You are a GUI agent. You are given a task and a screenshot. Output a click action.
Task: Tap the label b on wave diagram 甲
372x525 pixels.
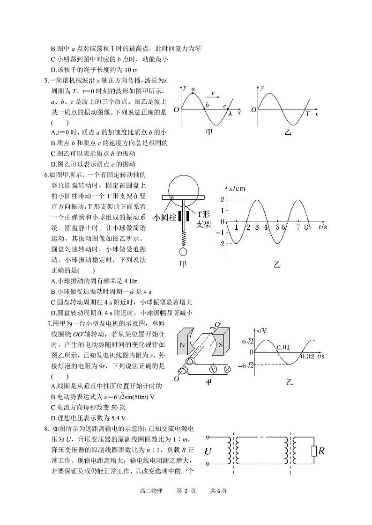coord(207,105)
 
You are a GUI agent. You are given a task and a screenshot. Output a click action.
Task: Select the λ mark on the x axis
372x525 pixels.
coord(230,113)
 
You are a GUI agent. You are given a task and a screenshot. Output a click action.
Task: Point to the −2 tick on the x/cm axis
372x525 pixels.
coord(219,243)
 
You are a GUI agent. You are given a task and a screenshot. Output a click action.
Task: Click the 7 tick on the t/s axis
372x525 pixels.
coord(298,227)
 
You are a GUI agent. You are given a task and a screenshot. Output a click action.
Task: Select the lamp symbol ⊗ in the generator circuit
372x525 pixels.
coord(228,369)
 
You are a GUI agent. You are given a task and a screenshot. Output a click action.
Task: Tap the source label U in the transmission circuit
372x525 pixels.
coord(209,451)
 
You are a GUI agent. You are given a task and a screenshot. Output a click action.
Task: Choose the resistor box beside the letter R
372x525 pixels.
coord(313,451)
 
